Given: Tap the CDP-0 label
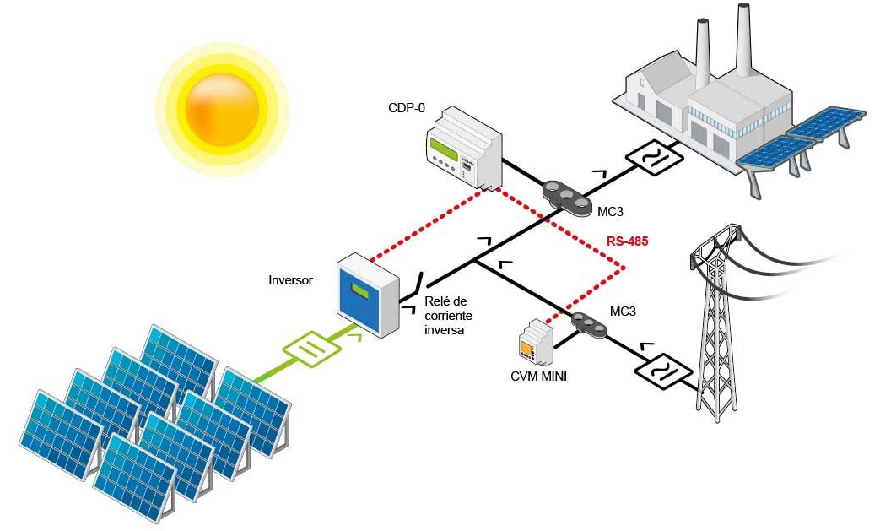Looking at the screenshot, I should [406, 108].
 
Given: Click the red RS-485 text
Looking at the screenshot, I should [627, 242].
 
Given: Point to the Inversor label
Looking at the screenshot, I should [290, 279].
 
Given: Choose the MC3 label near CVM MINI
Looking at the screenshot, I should [622, 312].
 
